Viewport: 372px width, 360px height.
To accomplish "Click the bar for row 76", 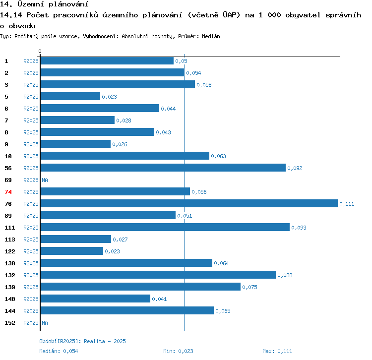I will (188, 203).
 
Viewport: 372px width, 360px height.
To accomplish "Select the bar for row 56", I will (163, 168).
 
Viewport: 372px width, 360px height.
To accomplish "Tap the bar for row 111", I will (165, 227).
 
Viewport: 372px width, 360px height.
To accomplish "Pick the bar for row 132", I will (158, 275).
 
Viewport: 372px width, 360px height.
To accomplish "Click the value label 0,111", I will (347, 204).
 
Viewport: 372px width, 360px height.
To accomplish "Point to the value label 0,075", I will (249, 287).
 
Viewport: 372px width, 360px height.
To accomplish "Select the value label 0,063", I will (218, 156).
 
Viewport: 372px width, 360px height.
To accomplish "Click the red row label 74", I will (8, 192).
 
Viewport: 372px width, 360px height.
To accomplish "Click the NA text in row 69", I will (45, 180).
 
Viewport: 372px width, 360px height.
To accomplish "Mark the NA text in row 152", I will (45, 323).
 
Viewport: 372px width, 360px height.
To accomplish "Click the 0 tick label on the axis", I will (40, 51).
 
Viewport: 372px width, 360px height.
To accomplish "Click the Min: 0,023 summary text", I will (178, 351).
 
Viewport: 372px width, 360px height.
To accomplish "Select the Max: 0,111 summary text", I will (277, 351).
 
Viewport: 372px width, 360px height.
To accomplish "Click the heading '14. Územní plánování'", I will (41, 4).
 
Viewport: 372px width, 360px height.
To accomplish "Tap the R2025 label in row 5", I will (31, 97).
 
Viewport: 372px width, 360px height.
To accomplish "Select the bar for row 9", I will (75, 144).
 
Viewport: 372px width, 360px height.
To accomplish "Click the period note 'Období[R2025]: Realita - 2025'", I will (82, 341).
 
